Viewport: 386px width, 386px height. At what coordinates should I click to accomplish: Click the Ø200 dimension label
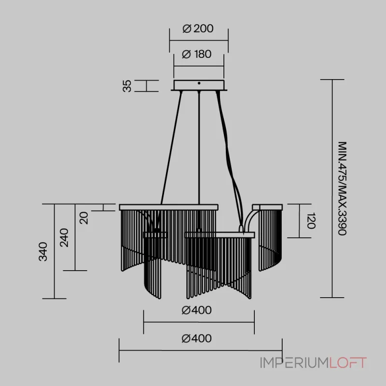click(198, 28)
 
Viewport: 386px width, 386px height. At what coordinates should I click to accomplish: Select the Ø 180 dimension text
click(196, 54)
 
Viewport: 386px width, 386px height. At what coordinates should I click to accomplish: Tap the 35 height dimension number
click(127, 86)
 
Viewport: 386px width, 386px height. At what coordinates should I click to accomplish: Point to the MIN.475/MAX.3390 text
click(342, 188)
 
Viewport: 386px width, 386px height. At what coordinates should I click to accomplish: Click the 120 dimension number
click(311, 221)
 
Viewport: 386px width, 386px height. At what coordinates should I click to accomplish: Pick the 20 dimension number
click(84, 218)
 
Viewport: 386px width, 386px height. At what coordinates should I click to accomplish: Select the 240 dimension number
click(64, 237)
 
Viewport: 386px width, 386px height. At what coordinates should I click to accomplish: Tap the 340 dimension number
click(43, 251)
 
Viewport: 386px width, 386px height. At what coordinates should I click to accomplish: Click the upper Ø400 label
click(196, 310)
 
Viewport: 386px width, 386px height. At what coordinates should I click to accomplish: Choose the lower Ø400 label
click(196, 339)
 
